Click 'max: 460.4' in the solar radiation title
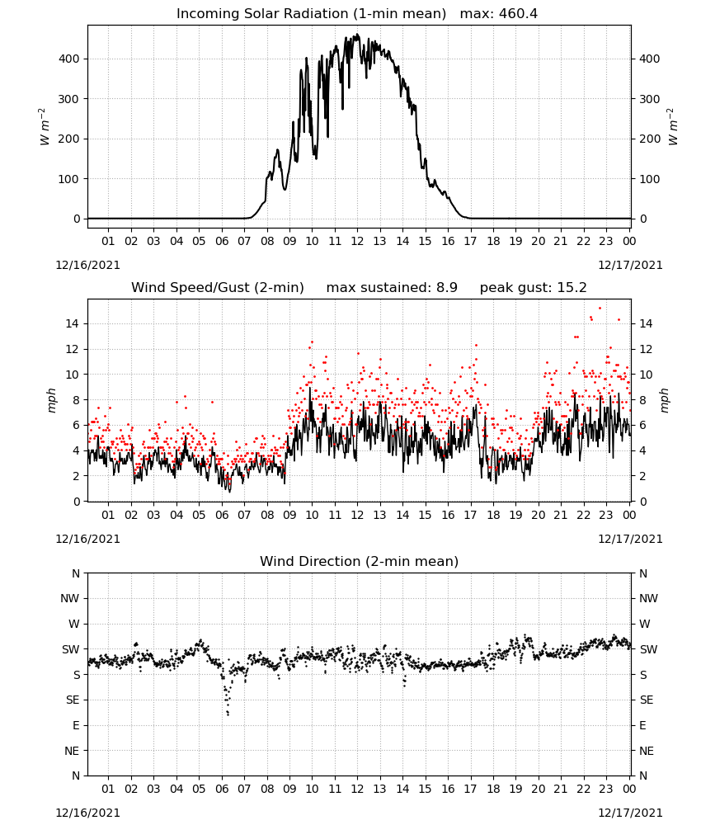pos(499,14)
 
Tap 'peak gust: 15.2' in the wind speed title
pos(534,288)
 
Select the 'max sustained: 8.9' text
pos(392,288)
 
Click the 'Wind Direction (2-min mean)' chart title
pos(360,561)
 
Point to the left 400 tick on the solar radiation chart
pos(69,59)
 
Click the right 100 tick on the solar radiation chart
pos(650,179)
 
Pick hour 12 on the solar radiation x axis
pos(357,242)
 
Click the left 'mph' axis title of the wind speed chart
pos(51,400)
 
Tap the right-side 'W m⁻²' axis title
pos(674,126)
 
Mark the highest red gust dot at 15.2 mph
pos(600,309)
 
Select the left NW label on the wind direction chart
pos(70,598)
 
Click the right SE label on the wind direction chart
pos(647,700)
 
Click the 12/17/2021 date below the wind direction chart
pos(630,813)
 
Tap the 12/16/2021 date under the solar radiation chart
pos(87,265)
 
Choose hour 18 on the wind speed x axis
pos(492,515)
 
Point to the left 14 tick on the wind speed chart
pos(73,323)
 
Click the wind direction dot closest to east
pos(228,714)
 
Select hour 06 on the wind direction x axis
pos(221,789)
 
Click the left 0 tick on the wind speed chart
pos(77,502)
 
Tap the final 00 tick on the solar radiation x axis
pos(629,242)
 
